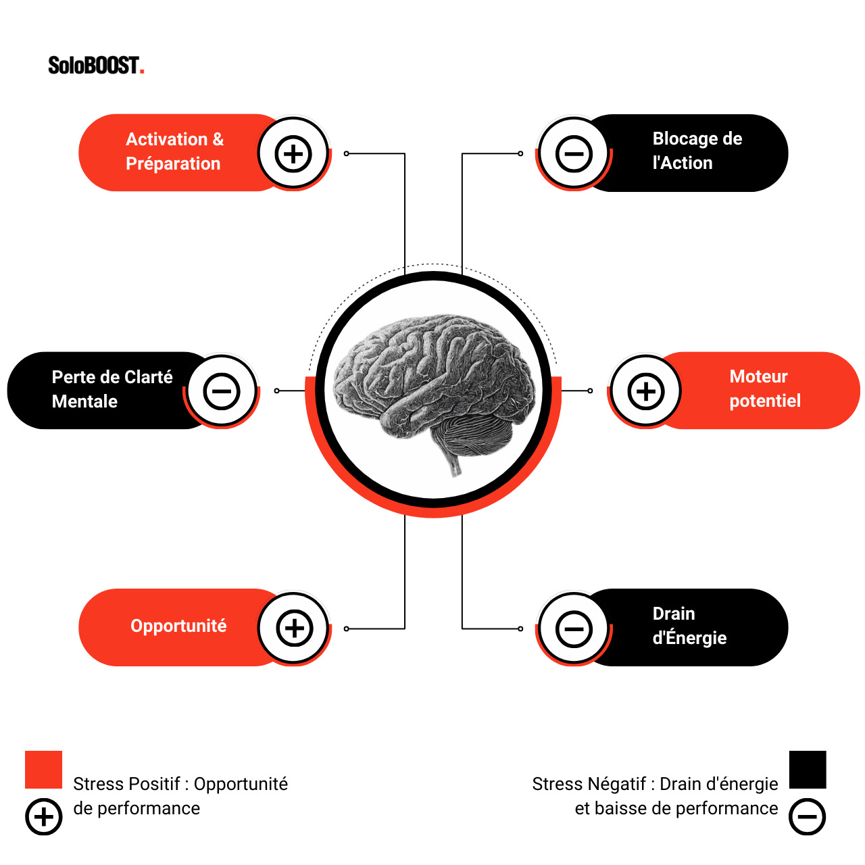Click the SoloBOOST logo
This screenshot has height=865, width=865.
95,66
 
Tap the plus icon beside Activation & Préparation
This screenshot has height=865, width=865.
293,153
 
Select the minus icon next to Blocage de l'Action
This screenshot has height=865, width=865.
574,153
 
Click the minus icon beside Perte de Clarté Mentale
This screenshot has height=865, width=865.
222,391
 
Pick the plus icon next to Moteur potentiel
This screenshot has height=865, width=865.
646,391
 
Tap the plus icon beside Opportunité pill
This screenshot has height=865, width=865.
294,628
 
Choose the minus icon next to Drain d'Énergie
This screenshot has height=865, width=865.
574,628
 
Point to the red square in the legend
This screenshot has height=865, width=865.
43,769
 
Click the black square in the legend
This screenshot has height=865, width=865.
808,769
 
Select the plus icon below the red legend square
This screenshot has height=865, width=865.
43,816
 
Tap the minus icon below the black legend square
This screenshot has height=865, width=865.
808,816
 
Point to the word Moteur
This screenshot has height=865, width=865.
758,376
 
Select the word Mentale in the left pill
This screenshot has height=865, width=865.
84,401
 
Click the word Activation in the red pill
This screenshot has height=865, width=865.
166,139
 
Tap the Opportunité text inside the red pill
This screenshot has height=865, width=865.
178,626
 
